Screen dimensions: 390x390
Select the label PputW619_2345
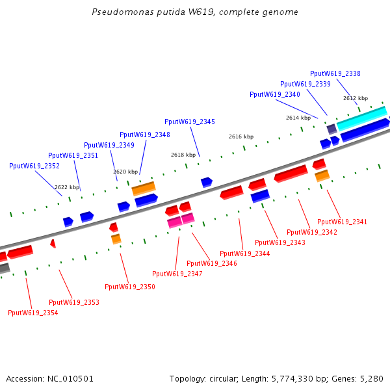click(189, 122)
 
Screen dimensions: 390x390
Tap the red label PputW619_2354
click(32, 313)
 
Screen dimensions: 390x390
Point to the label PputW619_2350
click(129, 287)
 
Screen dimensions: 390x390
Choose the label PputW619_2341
click(342, 222)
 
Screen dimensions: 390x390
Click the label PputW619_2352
click(34, 166)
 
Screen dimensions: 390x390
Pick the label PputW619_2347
click(177, 274)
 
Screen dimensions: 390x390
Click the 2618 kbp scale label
click(183, 155)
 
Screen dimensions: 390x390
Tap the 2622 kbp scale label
click(67, 187)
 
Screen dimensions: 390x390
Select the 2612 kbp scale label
click(356, 98)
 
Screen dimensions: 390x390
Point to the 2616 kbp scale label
click(240, 137)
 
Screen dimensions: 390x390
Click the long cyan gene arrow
click(361, 118)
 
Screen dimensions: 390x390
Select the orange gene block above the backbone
click(144, 188)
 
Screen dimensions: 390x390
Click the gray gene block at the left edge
click(4, 268)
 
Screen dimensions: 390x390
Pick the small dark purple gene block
click(331, 129)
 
